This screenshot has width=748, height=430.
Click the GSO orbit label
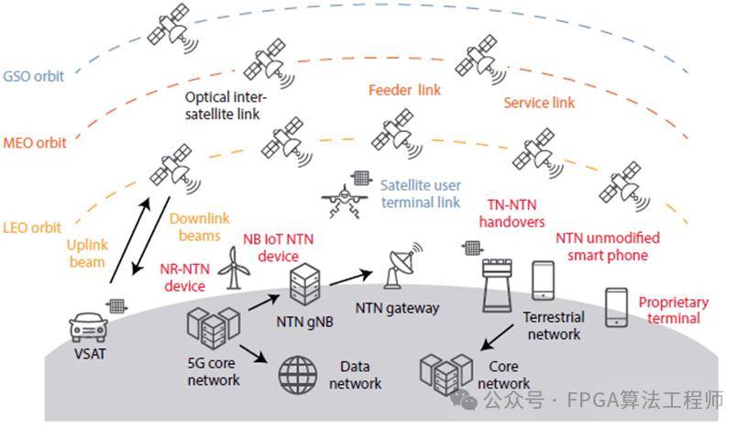click(x=34, y=76)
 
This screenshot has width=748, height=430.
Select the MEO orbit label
click(x=34, y=143)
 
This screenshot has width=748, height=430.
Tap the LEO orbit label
click(x=31, y=226)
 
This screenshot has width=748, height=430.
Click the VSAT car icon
click(x=88, y=325)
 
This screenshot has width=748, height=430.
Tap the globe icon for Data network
click(x=296, y=371)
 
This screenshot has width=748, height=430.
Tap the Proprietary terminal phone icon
click(x=616, y=308)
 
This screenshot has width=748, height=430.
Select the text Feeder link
click(x=404, y=91)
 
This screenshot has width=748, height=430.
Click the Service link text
click(x=539, y=104)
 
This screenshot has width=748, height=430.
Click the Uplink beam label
click(x=89, y=253)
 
